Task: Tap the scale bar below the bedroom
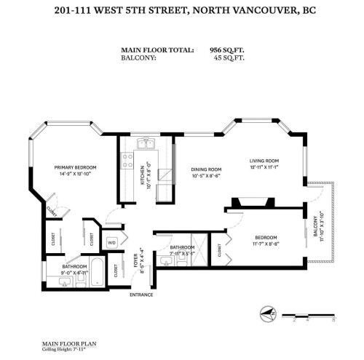[312, 318]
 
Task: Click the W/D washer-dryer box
[113, 242]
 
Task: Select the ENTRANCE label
[141, 295]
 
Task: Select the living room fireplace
[252, 202]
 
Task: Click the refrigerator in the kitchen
[165, 175]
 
